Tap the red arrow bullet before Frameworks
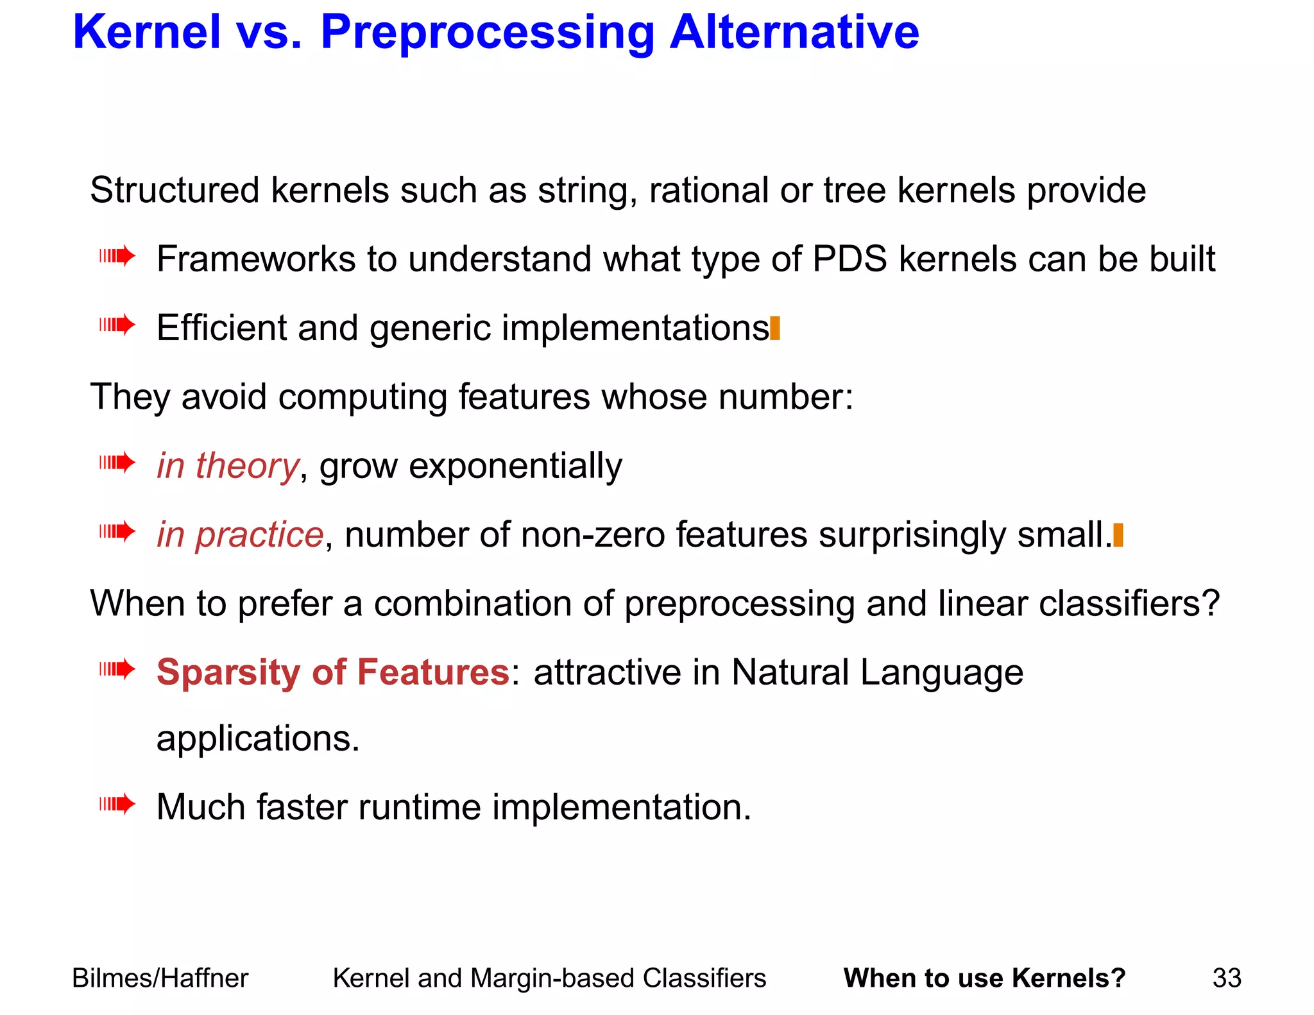[x=117, y=257]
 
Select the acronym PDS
[x=849, y=259]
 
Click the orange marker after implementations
[x=775, y=328]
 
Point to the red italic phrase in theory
[x=228, y=466]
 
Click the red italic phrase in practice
[x=240, y=534]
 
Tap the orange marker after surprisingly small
[x=1118, y=535]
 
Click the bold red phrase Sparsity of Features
[x=332, y=672]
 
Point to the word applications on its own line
[x=258, y=738]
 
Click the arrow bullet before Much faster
[x=117, y=804]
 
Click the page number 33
[x=1226, y=978]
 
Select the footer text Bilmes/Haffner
[x=160, y=978]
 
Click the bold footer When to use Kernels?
[x=984, y=978]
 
